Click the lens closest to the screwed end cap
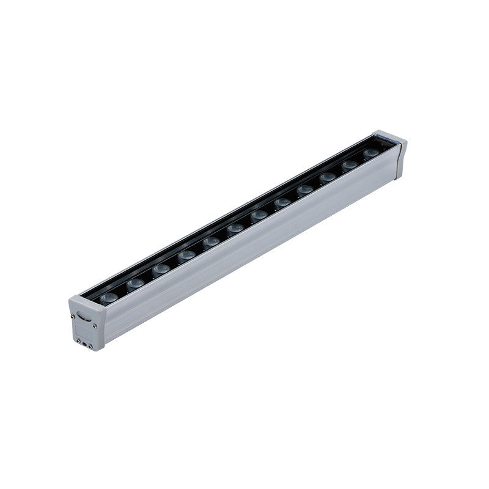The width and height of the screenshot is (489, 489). point(109,298)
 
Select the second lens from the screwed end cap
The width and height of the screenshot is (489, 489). point(135,283)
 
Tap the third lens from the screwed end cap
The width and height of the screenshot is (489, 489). point(161,269)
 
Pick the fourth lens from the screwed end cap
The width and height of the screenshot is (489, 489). point(186,255)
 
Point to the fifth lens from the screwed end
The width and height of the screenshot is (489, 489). point(211,241)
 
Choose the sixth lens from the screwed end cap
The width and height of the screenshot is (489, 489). point(235,229)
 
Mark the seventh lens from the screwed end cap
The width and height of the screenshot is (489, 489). point(259,215)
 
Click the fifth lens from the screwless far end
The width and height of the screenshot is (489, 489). point(282,202)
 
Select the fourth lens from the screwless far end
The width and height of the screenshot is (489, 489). point(304,190)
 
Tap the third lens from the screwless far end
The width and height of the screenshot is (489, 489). point(327,178)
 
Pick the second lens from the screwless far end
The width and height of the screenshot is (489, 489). point(349,165)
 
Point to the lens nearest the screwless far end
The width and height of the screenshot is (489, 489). point(370,153)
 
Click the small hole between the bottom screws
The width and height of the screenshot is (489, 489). point(84,344)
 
